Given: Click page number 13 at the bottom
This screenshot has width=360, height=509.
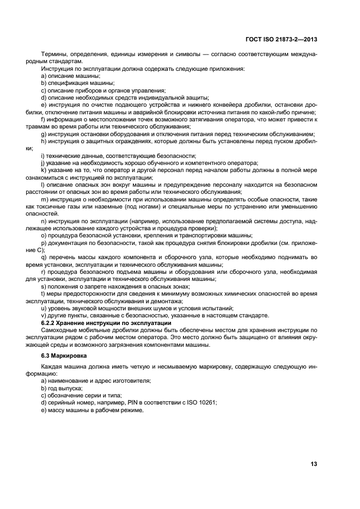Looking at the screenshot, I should coord(314,464).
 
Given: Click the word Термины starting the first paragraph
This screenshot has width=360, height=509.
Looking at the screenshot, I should coord(53,55).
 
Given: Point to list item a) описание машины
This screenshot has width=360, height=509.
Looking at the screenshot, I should coord(71,76).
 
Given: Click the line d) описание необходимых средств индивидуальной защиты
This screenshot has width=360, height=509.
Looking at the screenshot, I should coord(116,97).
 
